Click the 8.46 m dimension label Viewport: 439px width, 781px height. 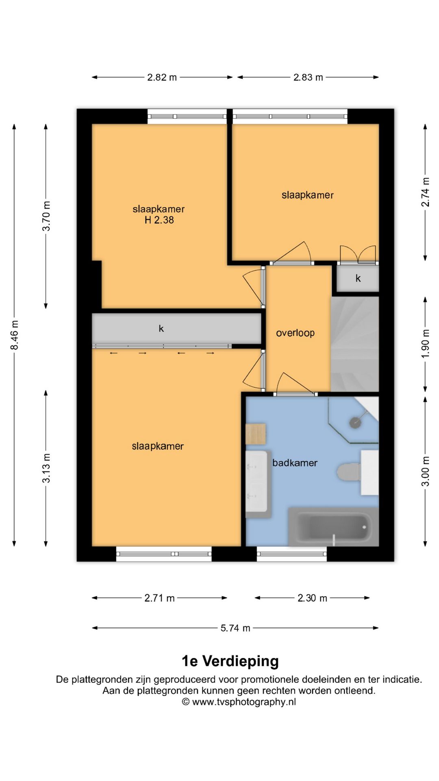[x=15, y=335]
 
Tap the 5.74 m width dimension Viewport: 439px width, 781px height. [x=235, y=628]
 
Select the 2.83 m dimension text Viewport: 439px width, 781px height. [x=308, y=77]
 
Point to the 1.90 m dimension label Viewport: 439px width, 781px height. [x=425, y=344]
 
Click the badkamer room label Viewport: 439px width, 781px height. [x=295, y=463]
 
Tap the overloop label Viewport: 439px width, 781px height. [x=296, y=333]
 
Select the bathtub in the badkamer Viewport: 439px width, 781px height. [x=334, y=527]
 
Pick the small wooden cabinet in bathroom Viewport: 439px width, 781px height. [x=256, y=434]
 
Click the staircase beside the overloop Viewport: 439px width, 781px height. [x=355, y=344]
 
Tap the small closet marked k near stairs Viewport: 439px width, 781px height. [x=358, y=279]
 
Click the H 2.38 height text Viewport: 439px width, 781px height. [x=159, y=220]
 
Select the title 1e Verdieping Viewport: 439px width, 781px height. [x=230, y=661]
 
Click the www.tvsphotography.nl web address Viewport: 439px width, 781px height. [x=244, y=702]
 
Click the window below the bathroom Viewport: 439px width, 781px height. [x=292, y=554]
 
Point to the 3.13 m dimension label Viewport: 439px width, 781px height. [x=46, y=468]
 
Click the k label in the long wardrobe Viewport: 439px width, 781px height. [x=161, y=328]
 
